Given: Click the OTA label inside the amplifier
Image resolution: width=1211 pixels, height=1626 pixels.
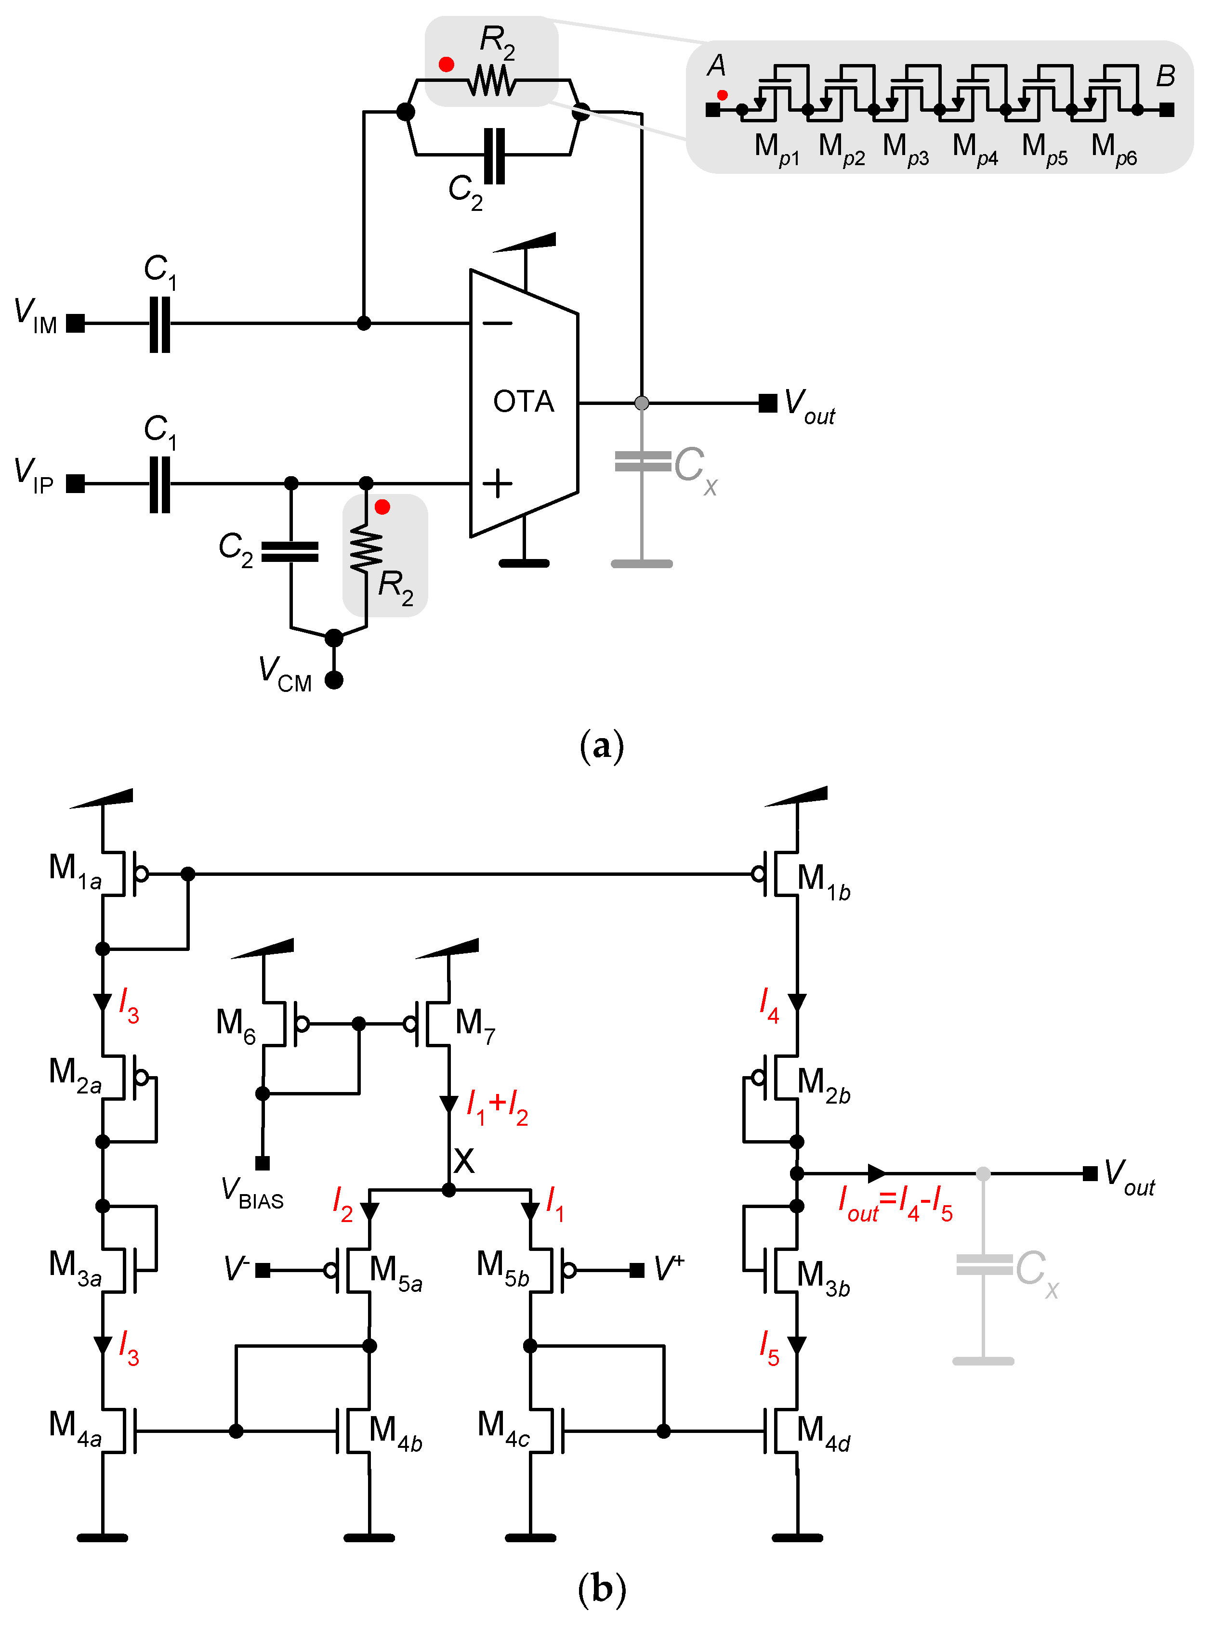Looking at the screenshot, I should point(524,402).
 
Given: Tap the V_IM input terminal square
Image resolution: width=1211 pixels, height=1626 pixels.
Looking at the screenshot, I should point(76,323).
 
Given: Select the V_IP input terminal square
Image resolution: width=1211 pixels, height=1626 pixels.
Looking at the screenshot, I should point(76,483).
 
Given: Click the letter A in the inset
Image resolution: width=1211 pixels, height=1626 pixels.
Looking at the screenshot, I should point(716,66).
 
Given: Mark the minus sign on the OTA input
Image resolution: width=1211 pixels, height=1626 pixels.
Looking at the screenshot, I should point(498,323).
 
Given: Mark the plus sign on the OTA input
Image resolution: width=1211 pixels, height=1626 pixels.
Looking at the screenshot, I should point(498,483).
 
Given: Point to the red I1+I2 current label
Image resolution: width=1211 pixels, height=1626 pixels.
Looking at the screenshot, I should point(498,1106).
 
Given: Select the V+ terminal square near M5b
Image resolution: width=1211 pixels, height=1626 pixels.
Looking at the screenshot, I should point(637,1270).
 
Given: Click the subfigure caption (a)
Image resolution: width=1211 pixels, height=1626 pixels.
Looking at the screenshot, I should point(602,746).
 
